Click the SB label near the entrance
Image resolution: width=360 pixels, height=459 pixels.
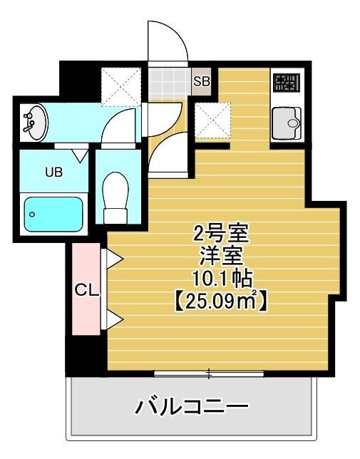tap(202, 81)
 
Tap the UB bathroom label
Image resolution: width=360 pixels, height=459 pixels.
tap(53, 172)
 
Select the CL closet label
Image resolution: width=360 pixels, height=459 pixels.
tap(87, 290)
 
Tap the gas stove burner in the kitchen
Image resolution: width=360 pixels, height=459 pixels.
tap(287, 84)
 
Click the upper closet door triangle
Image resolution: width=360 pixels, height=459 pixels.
tap(113, 258)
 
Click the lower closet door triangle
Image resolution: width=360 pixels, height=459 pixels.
tap(113, 320)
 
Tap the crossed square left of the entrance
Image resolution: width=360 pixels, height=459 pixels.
tap(118, 85)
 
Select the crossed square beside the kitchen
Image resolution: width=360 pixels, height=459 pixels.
tap(212, 120)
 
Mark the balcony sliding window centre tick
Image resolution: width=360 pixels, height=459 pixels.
tap(209, 373)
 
